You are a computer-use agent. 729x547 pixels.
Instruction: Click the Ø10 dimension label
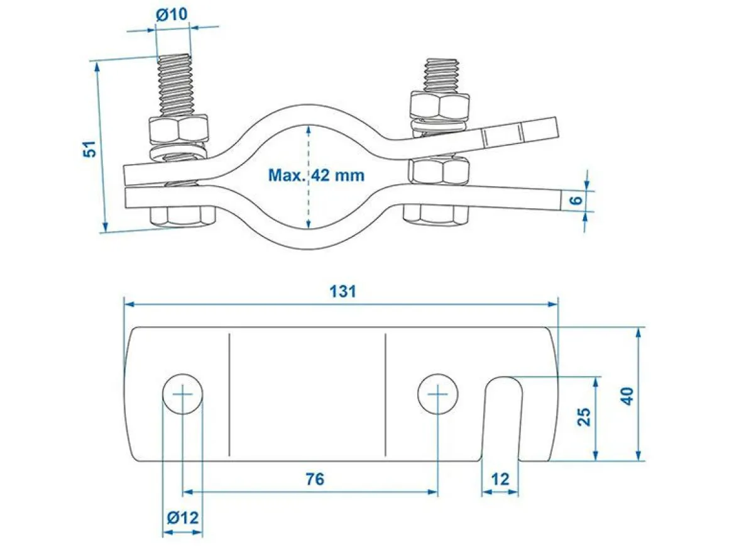click(172, 15)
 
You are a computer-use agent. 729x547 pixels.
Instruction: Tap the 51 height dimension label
click(90, 148)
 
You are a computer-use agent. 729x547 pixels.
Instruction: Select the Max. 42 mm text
click(316, 175)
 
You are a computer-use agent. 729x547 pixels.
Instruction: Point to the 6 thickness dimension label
click(576, 200)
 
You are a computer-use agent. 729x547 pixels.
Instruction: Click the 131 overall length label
click(343, 292)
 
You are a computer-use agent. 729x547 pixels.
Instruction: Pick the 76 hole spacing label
click(315, 479)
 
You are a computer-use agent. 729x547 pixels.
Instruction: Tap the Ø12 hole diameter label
click(183, 517)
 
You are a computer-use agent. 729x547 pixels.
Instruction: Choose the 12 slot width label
click(500, 479)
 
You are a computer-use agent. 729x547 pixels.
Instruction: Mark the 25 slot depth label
click(584, 416)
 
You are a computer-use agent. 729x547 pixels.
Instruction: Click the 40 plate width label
click(627, 396)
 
